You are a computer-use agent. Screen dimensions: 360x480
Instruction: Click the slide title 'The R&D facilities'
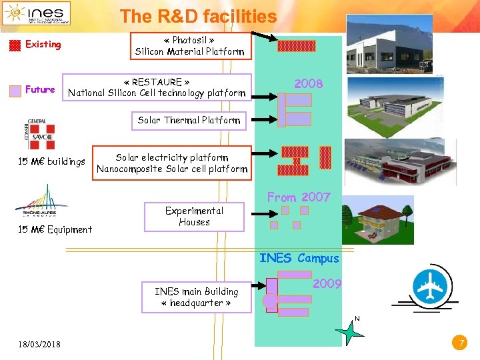pos(198,16)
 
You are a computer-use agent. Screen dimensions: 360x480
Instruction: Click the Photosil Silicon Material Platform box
pos(190,46)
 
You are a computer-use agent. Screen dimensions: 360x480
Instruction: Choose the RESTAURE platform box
pos(157,87)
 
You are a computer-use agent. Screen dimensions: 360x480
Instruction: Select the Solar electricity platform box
pos(172,163)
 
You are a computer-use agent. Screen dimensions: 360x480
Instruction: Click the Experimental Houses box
pos(194,216)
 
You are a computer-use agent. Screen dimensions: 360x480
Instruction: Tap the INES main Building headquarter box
pos(196,297)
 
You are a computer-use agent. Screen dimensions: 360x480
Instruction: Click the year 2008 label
pos(309,84)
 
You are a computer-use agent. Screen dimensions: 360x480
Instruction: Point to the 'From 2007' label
pos(299,197)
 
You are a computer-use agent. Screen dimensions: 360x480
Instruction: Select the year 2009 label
pos(327,284)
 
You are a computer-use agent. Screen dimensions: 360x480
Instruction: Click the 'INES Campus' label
pos(299,259)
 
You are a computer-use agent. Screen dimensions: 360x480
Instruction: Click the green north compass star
pos(351,331)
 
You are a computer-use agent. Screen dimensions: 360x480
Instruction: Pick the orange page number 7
pos(458,343)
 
